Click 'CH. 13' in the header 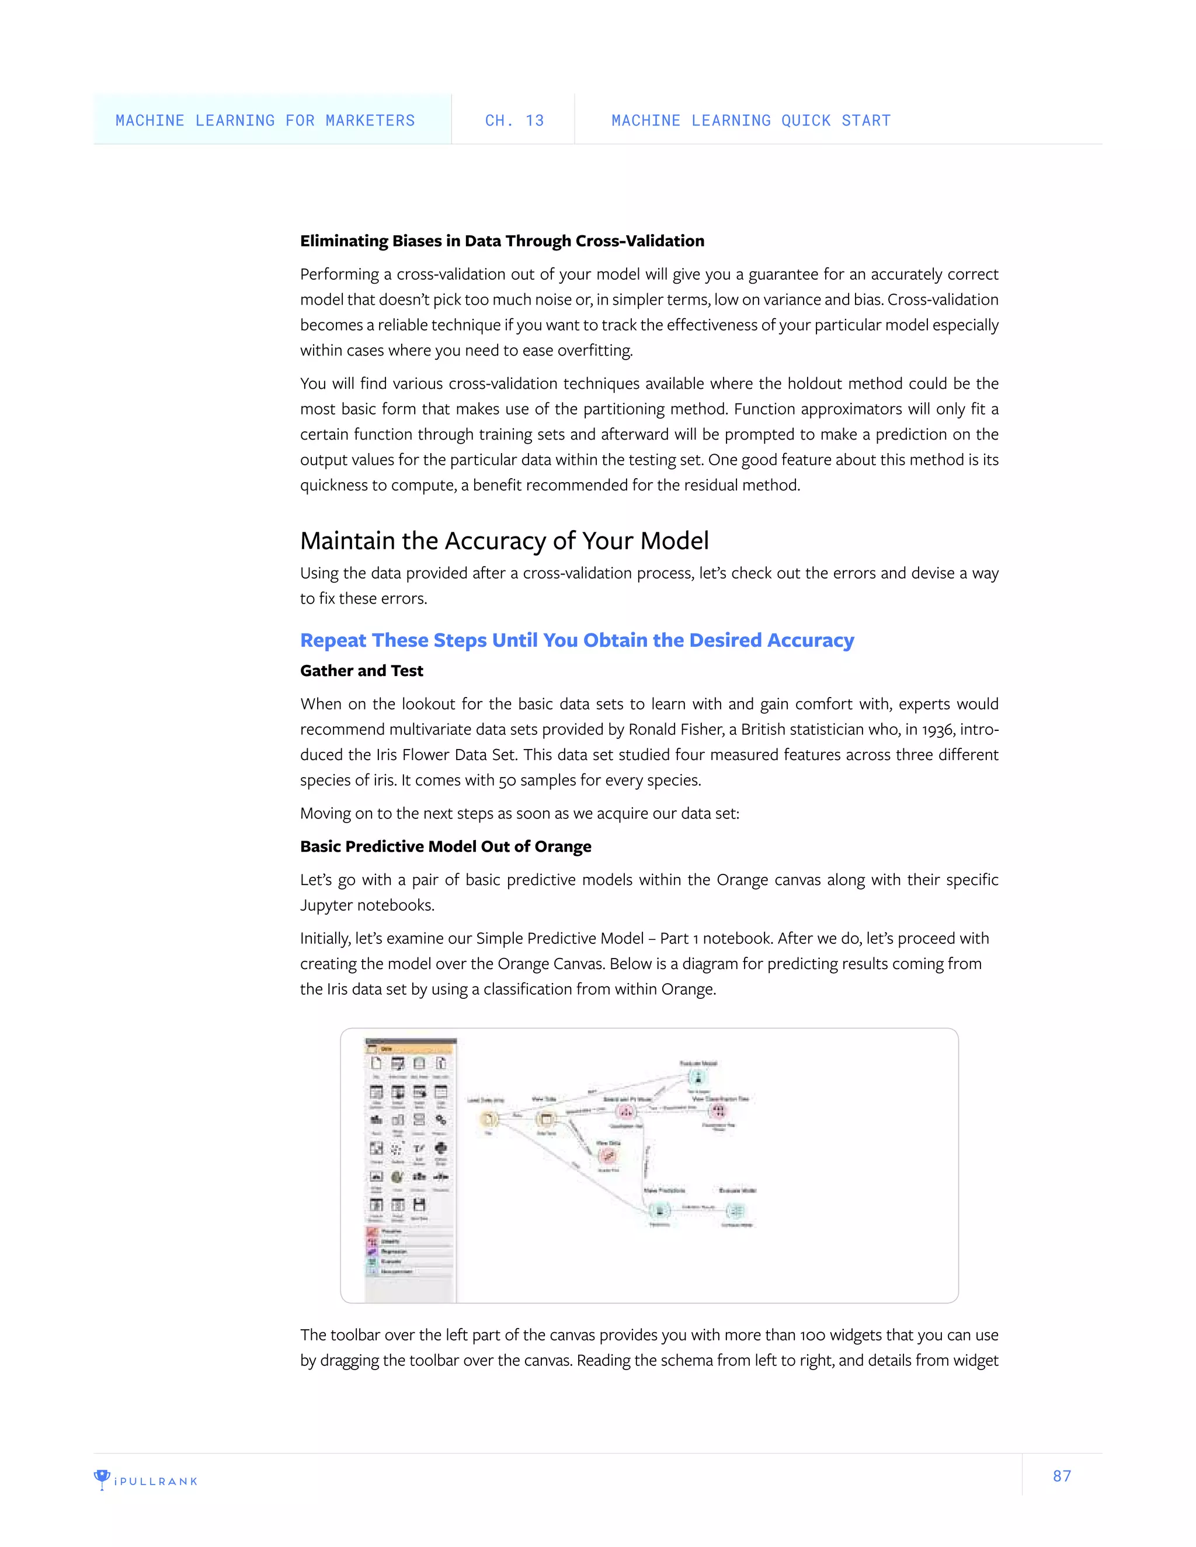point(514,120)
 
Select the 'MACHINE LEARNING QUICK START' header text point(750,120)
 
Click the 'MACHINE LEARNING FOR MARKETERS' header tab point(265,120)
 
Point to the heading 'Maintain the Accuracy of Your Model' point(504,541)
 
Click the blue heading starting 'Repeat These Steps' point(577,640)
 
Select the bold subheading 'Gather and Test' point(361,671)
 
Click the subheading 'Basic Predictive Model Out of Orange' point(445,846)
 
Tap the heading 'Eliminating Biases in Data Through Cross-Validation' point(502,241)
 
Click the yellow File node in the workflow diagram point(488,1120)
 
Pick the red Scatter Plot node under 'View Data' point(607,1156)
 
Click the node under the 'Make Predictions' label point(660,1211)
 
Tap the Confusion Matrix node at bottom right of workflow point(736,1211)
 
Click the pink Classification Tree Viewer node point(718,1112)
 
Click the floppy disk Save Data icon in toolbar point(419,1205)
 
